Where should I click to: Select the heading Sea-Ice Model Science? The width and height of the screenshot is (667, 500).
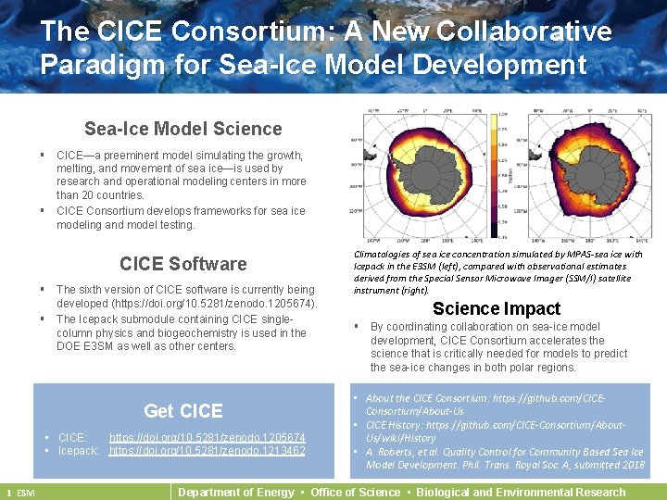pos(182,129)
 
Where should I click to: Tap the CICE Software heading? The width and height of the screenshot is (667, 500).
pos(182,264)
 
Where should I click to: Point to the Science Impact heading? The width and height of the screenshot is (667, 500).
pos(497,308)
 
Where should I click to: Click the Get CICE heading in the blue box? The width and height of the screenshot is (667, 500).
pos(183,410)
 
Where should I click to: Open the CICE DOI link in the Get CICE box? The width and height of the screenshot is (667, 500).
pos(207,437)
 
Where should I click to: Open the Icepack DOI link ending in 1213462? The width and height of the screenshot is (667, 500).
pos(207,451)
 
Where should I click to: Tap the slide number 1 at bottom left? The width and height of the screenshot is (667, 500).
pos(8,493)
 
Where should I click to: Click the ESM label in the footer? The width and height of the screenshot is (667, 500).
pos(25,493)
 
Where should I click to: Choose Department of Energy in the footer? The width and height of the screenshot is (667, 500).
pos(235,492)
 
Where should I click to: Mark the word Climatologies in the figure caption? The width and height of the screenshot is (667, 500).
pos(385,254)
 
